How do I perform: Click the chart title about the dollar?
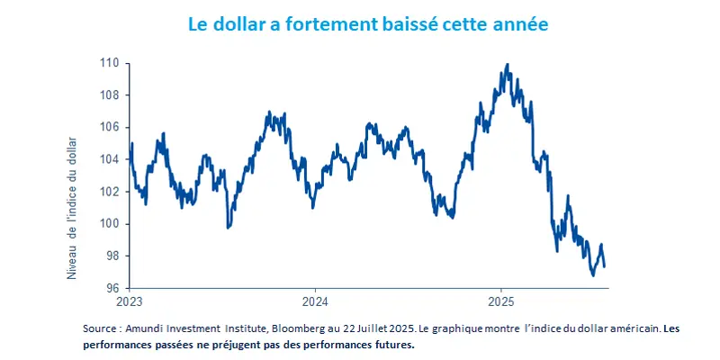tap(367, 24)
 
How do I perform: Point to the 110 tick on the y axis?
tap(109, 63)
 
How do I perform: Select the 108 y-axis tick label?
tap(109, 95)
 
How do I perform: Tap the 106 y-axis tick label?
tap(109, 127)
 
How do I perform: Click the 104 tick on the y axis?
tap(109, 159)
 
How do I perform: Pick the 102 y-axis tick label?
tap(109, 192)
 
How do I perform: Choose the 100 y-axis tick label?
tap(109, 224)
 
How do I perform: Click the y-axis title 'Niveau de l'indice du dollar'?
tap(72, 207)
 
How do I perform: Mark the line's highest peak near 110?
tap(508, 65)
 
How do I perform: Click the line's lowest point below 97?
tap(593, 275)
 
